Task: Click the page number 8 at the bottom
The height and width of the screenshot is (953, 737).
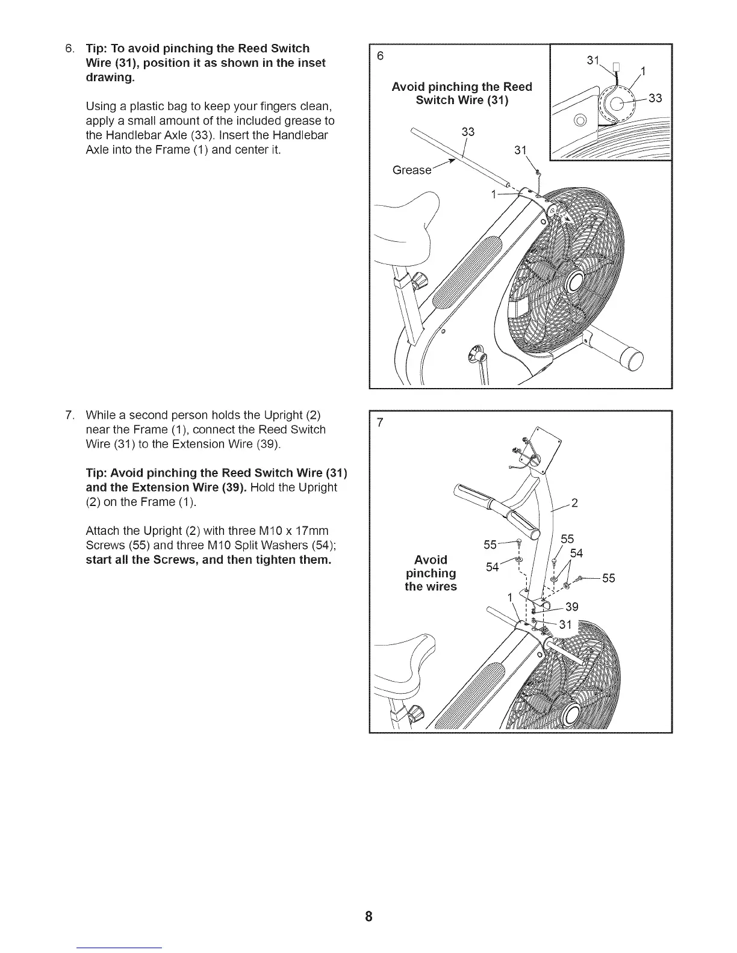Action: pyautogui.click(x=368, y=917)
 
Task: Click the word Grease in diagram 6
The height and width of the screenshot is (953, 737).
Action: pyautogui.click(x=412, y=170)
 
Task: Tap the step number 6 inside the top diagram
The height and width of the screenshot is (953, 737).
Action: pyautogui.click(x=380, y=56)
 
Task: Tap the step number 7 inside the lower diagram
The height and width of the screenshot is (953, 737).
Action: pyautogui.click(x=380, y=423)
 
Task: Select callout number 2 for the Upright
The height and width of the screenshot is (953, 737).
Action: pyautogui.click(x=574, y=504)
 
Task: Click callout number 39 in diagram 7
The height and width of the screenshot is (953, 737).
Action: pyautogui.click(x=571, y=606)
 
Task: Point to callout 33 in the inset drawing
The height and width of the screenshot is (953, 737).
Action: pyautogui.click(x=655, y=98)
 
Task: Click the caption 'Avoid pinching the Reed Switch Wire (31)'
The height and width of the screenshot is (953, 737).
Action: pyautogui.click(x=462, y=93)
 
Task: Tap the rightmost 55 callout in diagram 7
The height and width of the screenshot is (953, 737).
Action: pyautogui.click(x=608, y=578)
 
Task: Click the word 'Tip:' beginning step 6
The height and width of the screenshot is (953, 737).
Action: pyautogui.click(x=96, y=48)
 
